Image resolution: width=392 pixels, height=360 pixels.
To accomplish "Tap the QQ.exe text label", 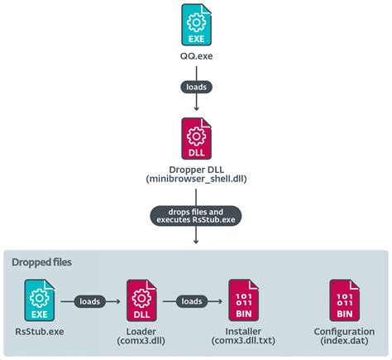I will click(x=196, y=56).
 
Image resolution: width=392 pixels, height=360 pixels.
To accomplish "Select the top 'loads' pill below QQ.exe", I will click(x=196, y=86).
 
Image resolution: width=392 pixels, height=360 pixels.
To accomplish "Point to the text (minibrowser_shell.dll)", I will click(x=196, y=180).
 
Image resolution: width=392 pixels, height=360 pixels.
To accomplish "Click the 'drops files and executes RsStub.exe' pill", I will click(x=196, y=217).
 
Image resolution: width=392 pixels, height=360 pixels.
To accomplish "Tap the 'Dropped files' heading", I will click(x=41, y=262).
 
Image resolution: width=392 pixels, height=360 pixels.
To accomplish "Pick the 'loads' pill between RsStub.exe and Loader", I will click(x=90, y=302).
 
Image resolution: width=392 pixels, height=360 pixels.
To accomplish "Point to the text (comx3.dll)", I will click(x=141, y=340).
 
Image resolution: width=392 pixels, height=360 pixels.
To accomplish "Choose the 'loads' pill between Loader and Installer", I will click(x=190, y=302).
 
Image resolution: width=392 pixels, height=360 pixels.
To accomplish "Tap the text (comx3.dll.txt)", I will click(x=242, y=340).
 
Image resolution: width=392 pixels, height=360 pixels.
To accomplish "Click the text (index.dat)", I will click(x=344, y=340).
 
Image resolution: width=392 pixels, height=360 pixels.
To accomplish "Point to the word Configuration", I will click(x=344, y=330).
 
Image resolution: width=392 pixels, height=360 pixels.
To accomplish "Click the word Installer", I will click(x=242, y=330).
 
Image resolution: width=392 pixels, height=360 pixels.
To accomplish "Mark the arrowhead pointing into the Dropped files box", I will click(x=196, y=241).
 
